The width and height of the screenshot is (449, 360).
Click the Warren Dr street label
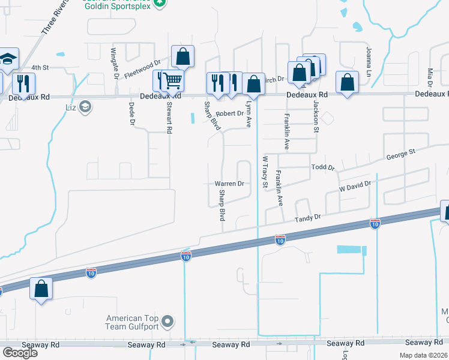pyautogui.click(x=229, y=184)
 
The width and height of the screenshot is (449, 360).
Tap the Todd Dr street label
pyautogui.click(x=322, y=168)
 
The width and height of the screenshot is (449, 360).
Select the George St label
pyautogui.click(x=400, y=155)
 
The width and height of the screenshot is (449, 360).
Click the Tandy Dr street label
pyautogui.click(x=309, y=220)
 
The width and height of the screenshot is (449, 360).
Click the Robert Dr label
pyautogui.click(x=229, y=113)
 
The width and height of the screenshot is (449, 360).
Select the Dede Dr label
pyautogui.click(x=131, y=114)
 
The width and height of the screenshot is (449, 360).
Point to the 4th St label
pyautogui.click(x=40, y=67)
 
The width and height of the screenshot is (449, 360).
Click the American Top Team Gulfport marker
pyautogui.click(x=167, y=322)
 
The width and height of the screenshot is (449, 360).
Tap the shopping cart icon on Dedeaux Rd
pyautogui.click(x=172, y=80)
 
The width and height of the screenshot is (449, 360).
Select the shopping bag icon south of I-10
pyautogui.click(x=41, y=289)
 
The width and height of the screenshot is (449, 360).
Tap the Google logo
pyautogui.click(x=20, y=352)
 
